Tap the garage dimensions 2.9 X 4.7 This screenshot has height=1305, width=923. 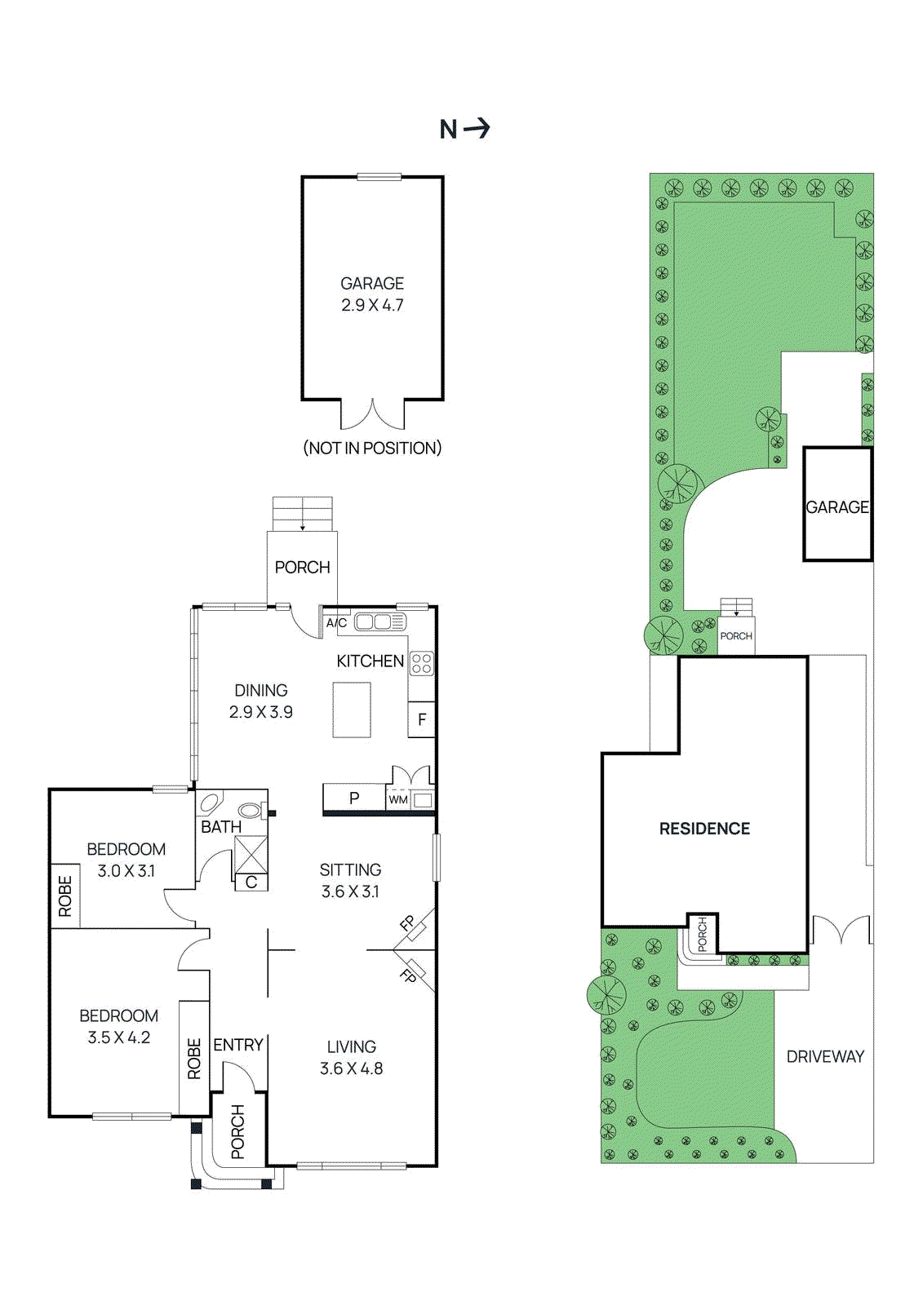(x=372, y=305)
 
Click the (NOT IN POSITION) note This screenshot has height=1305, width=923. (x=372, y=448)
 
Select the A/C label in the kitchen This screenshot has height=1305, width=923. (x=336, y=623)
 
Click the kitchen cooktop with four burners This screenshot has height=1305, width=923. (x=422, y=663)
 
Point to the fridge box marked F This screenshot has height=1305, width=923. (x=422, y=719)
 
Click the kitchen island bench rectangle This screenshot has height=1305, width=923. (x=352, y=710)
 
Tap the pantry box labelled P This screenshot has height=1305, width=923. (x=354, y=798)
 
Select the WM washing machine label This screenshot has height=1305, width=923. (x=398, y=800)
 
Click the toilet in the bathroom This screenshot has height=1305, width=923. (x=251, y=811)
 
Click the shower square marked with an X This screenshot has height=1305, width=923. (x=251, y=854)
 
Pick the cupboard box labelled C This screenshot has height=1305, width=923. (x=251, y=883)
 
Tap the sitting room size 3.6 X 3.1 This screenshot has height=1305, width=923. (x=350, y=891)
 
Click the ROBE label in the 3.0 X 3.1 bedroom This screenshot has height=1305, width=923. (x=65, y=896)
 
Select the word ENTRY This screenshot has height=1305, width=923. (x=238, y=1045)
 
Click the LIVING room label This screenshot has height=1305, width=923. (x=352, y=1046)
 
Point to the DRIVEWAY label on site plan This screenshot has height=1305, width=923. (x=825, y=1056)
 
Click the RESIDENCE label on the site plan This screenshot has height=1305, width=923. (x=704, y=829)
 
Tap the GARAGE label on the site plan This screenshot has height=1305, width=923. (x=837, y=507)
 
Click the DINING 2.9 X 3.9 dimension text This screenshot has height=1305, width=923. (x=261, y=712)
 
